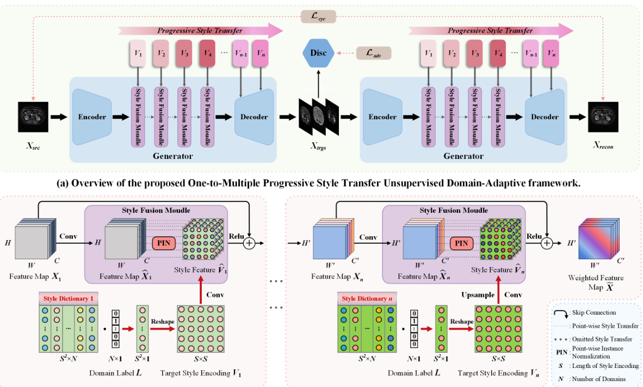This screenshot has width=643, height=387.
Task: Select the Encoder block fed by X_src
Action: pos(91,116)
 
